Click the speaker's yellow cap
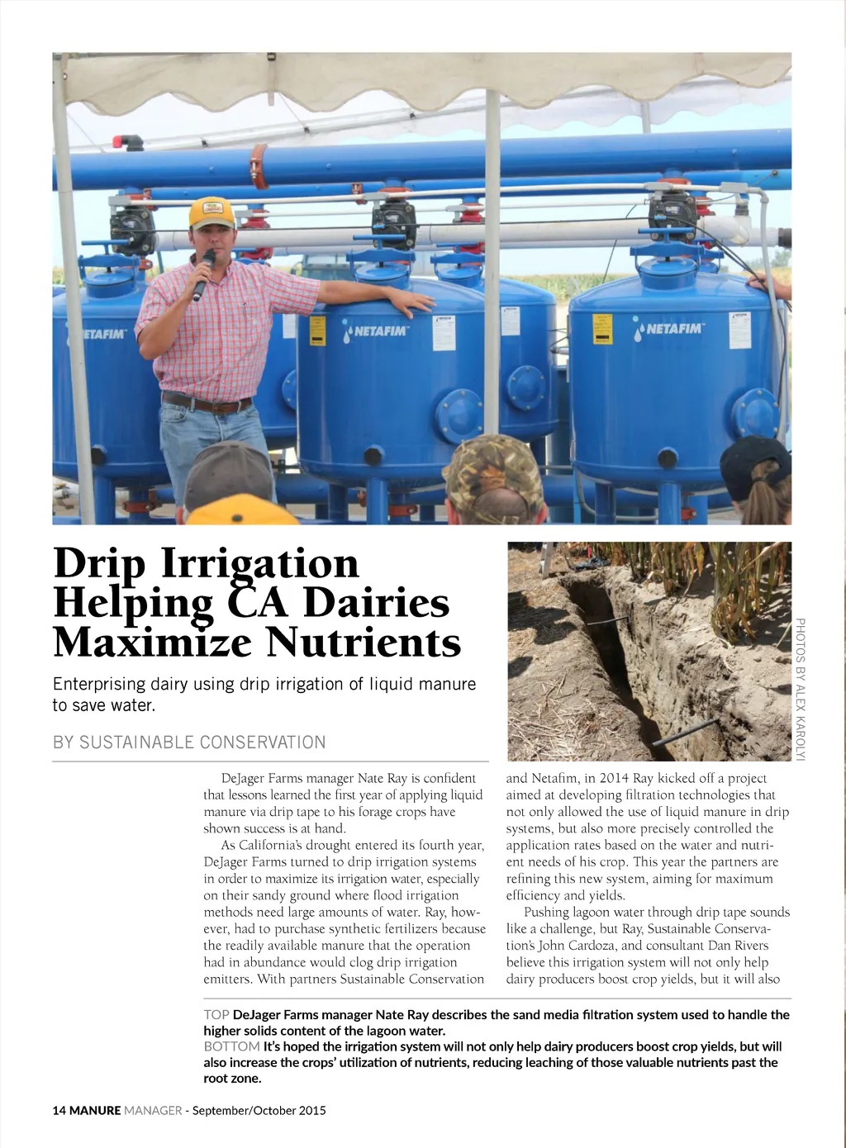(x=211, y=213)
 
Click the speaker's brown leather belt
(x=207, y=404)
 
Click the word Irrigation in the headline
(x=260, y=563)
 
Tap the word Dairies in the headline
(x=376, y=603)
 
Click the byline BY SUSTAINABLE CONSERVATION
(x=189, y=742)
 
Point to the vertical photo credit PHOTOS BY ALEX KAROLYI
(x=800, y=689)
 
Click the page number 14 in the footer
(x=59, y=1110)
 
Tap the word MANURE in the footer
(x=95, y=1110)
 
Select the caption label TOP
(x=216, y=1014)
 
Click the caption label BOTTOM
(x=231, y=1046)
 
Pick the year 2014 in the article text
(x=614, y=778)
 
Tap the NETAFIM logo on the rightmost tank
(x=670, y=329)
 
